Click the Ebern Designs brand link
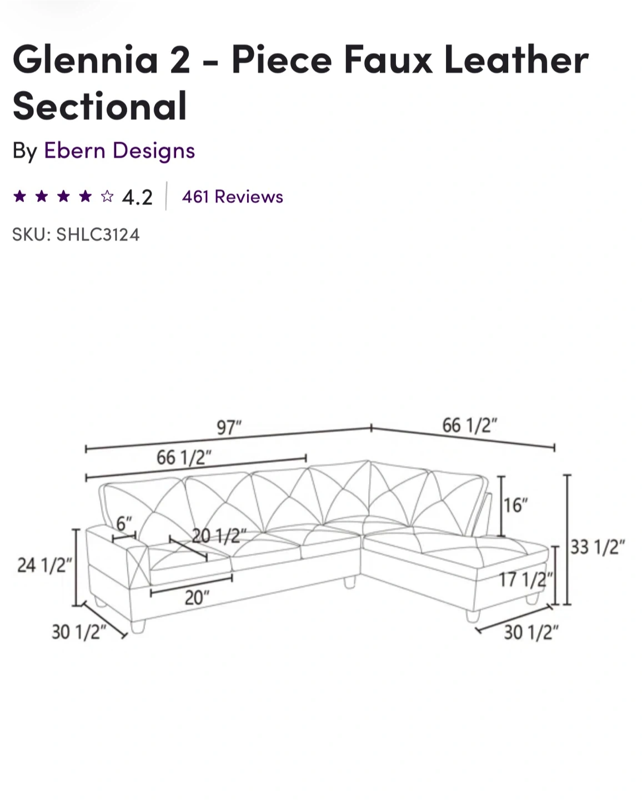click(x=119, y=151)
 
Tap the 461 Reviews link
click(x=232, y=197)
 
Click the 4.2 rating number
click(x=137, y=197)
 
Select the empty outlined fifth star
click(x=107, y=196)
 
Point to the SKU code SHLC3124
click(x=98, y=234)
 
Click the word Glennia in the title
click(x=86, y=59)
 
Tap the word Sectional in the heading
click(x=99, y=106)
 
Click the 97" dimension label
click(x=229, y=427)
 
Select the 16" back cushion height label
click(x=515, y=505)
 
